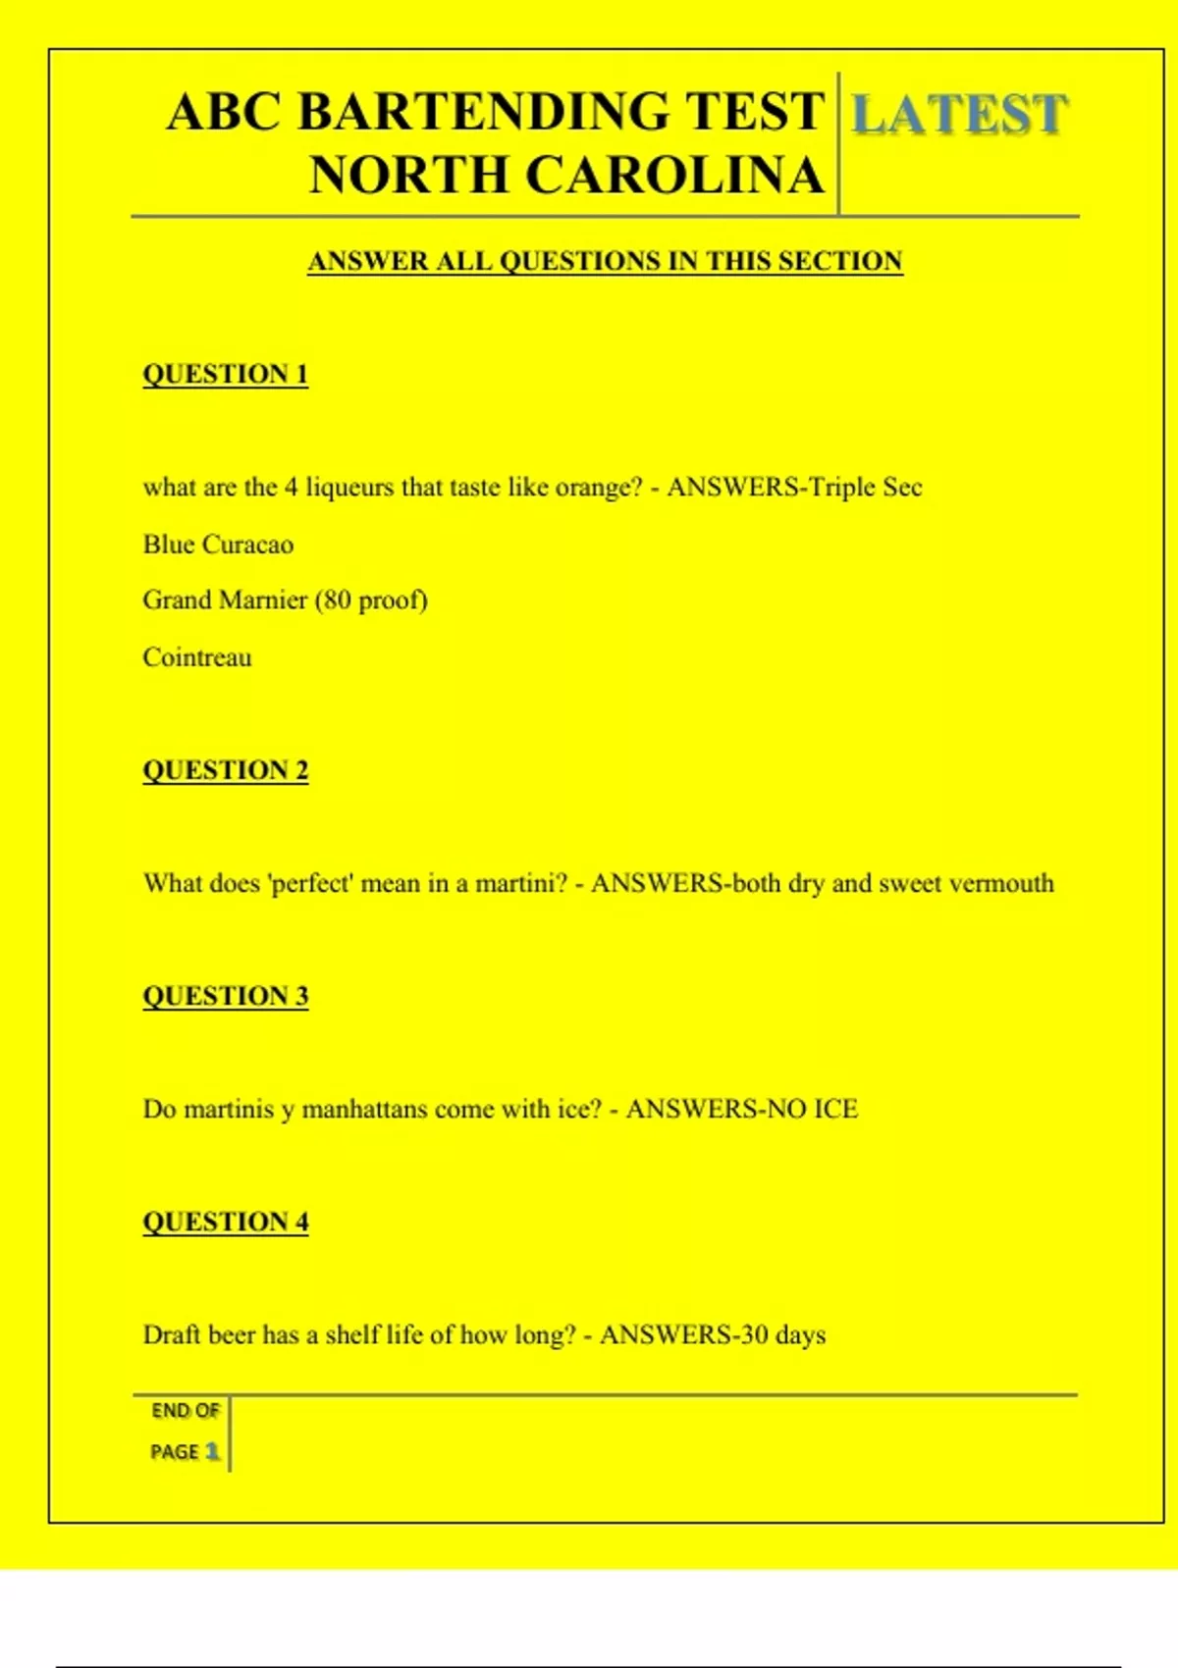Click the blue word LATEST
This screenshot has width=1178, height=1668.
tap(958, 114)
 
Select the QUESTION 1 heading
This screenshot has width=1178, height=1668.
tap(226, 374)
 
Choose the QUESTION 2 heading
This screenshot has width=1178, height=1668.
tap(226, 770)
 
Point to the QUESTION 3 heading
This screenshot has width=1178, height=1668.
tap(226, 996)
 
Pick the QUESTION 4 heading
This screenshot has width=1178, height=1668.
tap(226, 1222)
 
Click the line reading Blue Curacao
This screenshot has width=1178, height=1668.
tap(218, 545)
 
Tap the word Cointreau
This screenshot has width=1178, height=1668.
tap(197, 657)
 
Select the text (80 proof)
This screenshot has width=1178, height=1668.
tap(371, 599)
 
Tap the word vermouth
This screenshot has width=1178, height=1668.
tap(1001, 883)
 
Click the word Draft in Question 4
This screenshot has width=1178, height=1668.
tap(171, 1334)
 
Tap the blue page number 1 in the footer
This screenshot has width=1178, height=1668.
tap(212, 1451)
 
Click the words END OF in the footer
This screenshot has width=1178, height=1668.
tap(186, 1411)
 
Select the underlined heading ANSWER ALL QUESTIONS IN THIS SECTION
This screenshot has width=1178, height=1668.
tap(605, 261)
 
